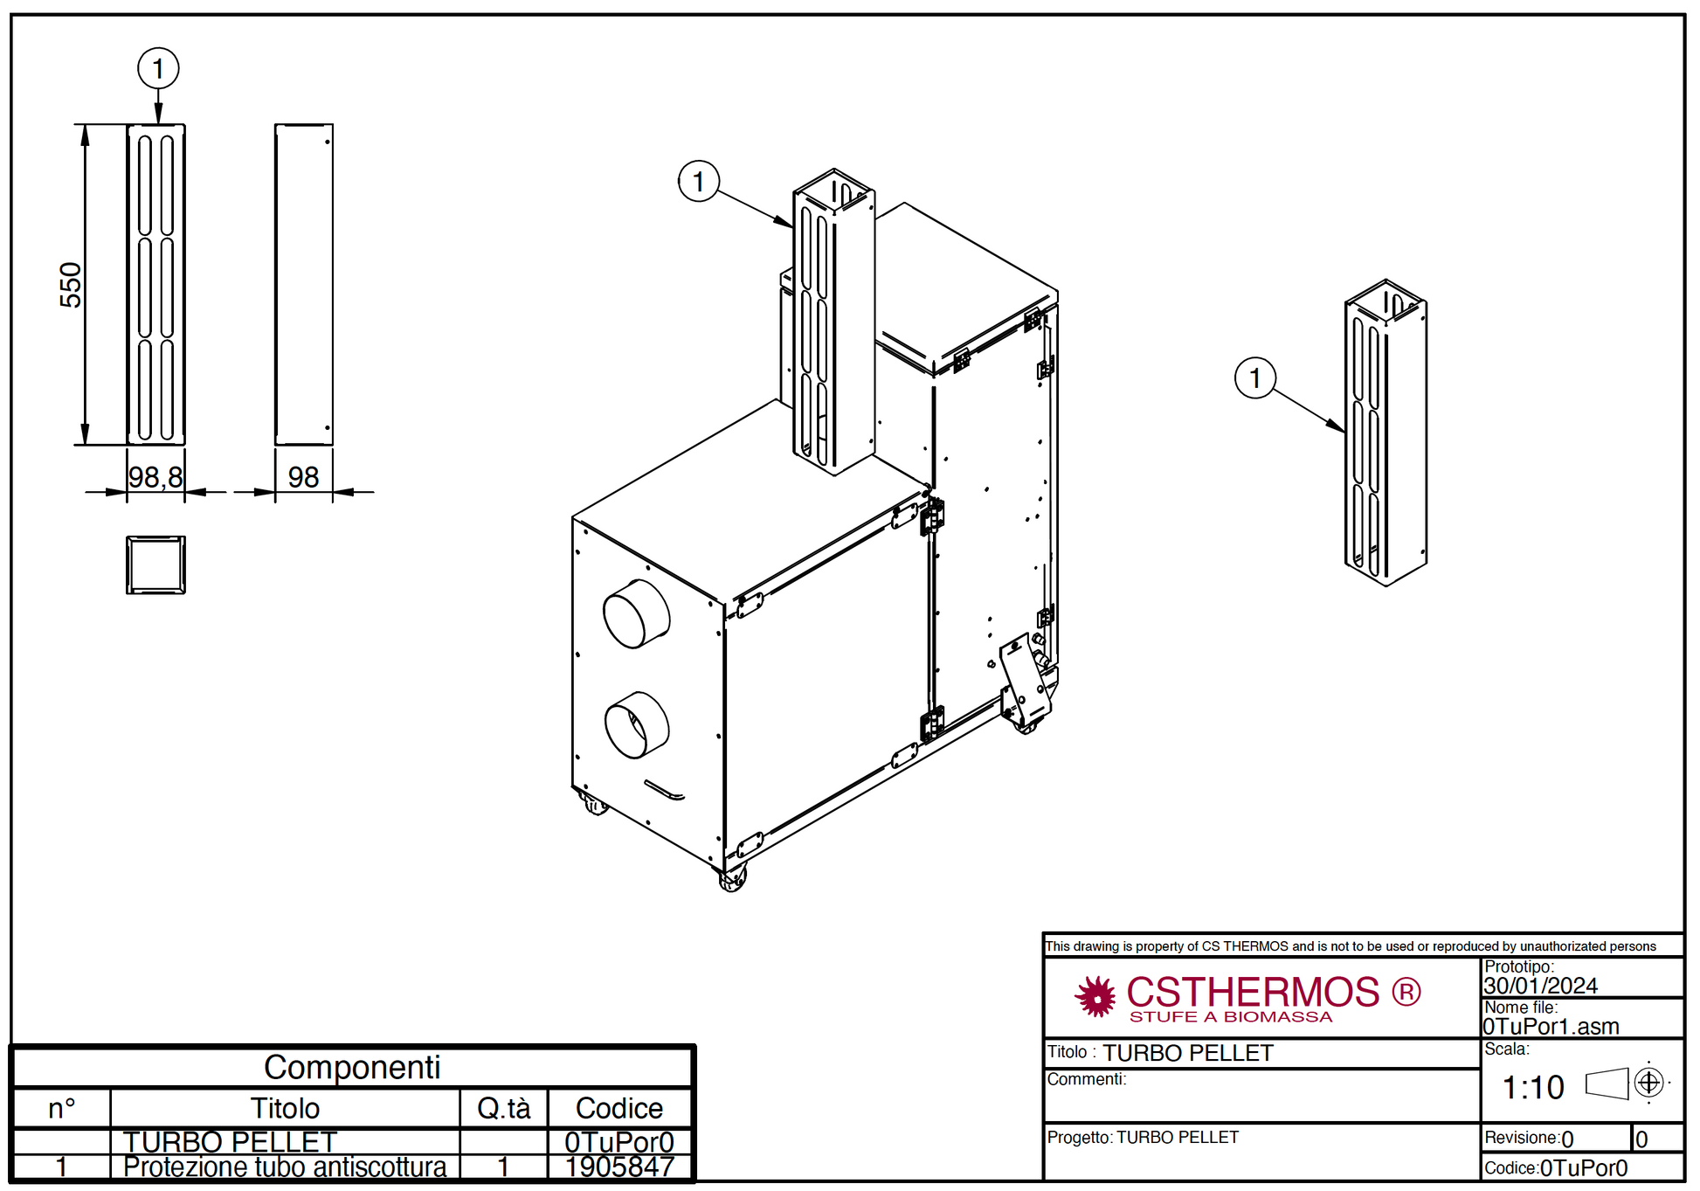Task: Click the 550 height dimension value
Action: click(71, 285)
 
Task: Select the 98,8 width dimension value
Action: click(155, 477)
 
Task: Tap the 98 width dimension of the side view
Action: click(303, 477)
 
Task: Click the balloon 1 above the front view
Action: click(158, 68)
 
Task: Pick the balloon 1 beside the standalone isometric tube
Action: click(1255, 377)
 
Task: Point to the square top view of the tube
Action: click(155, 564)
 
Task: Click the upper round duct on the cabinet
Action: click(636, 613)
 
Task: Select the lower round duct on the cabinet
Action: click(637, 724)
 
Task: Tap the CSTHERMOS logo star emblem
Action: click(1095, 997)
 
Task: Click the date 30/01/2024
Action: click(1540, 986)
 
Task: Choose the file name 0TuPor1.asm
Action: click(1551, 1026)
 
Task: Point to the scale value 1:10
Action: click(1533, 1087)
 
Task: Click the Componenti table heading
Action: click(352, 1067)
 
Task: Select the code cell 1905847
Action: click(619, 1167)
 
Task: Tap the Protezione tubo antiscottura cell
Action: click(285, 1167)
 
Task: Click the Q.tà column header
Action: click(504, 1108)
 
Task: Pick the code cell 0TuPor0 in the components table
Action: click(619, 1142)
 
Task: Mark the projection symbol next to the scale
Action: click(1627, 1084)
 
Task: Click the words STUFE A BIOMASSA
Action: click(1231, 1017)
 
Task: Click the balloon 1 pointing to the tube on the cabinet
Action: click(699, 181)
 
